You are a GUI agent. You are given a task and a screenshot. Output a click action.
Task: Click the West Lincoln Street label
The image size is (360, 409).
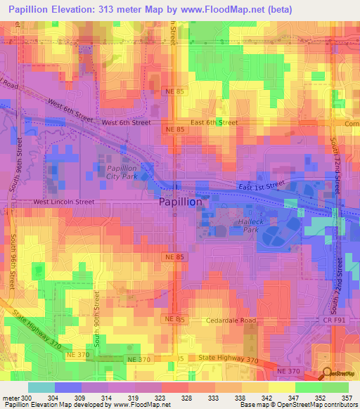pos(64,202)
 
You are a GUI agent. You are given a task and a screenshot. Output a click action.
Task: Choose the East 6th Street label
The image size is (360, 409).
pos(214,122)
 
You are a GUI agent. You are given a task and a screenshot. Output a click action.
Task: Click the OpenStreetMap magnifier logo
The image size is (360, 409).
pos(327,374)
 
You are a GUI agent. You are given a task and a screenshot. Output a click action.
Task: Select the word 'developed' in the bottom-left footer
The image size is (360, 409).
pos(89,405)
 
